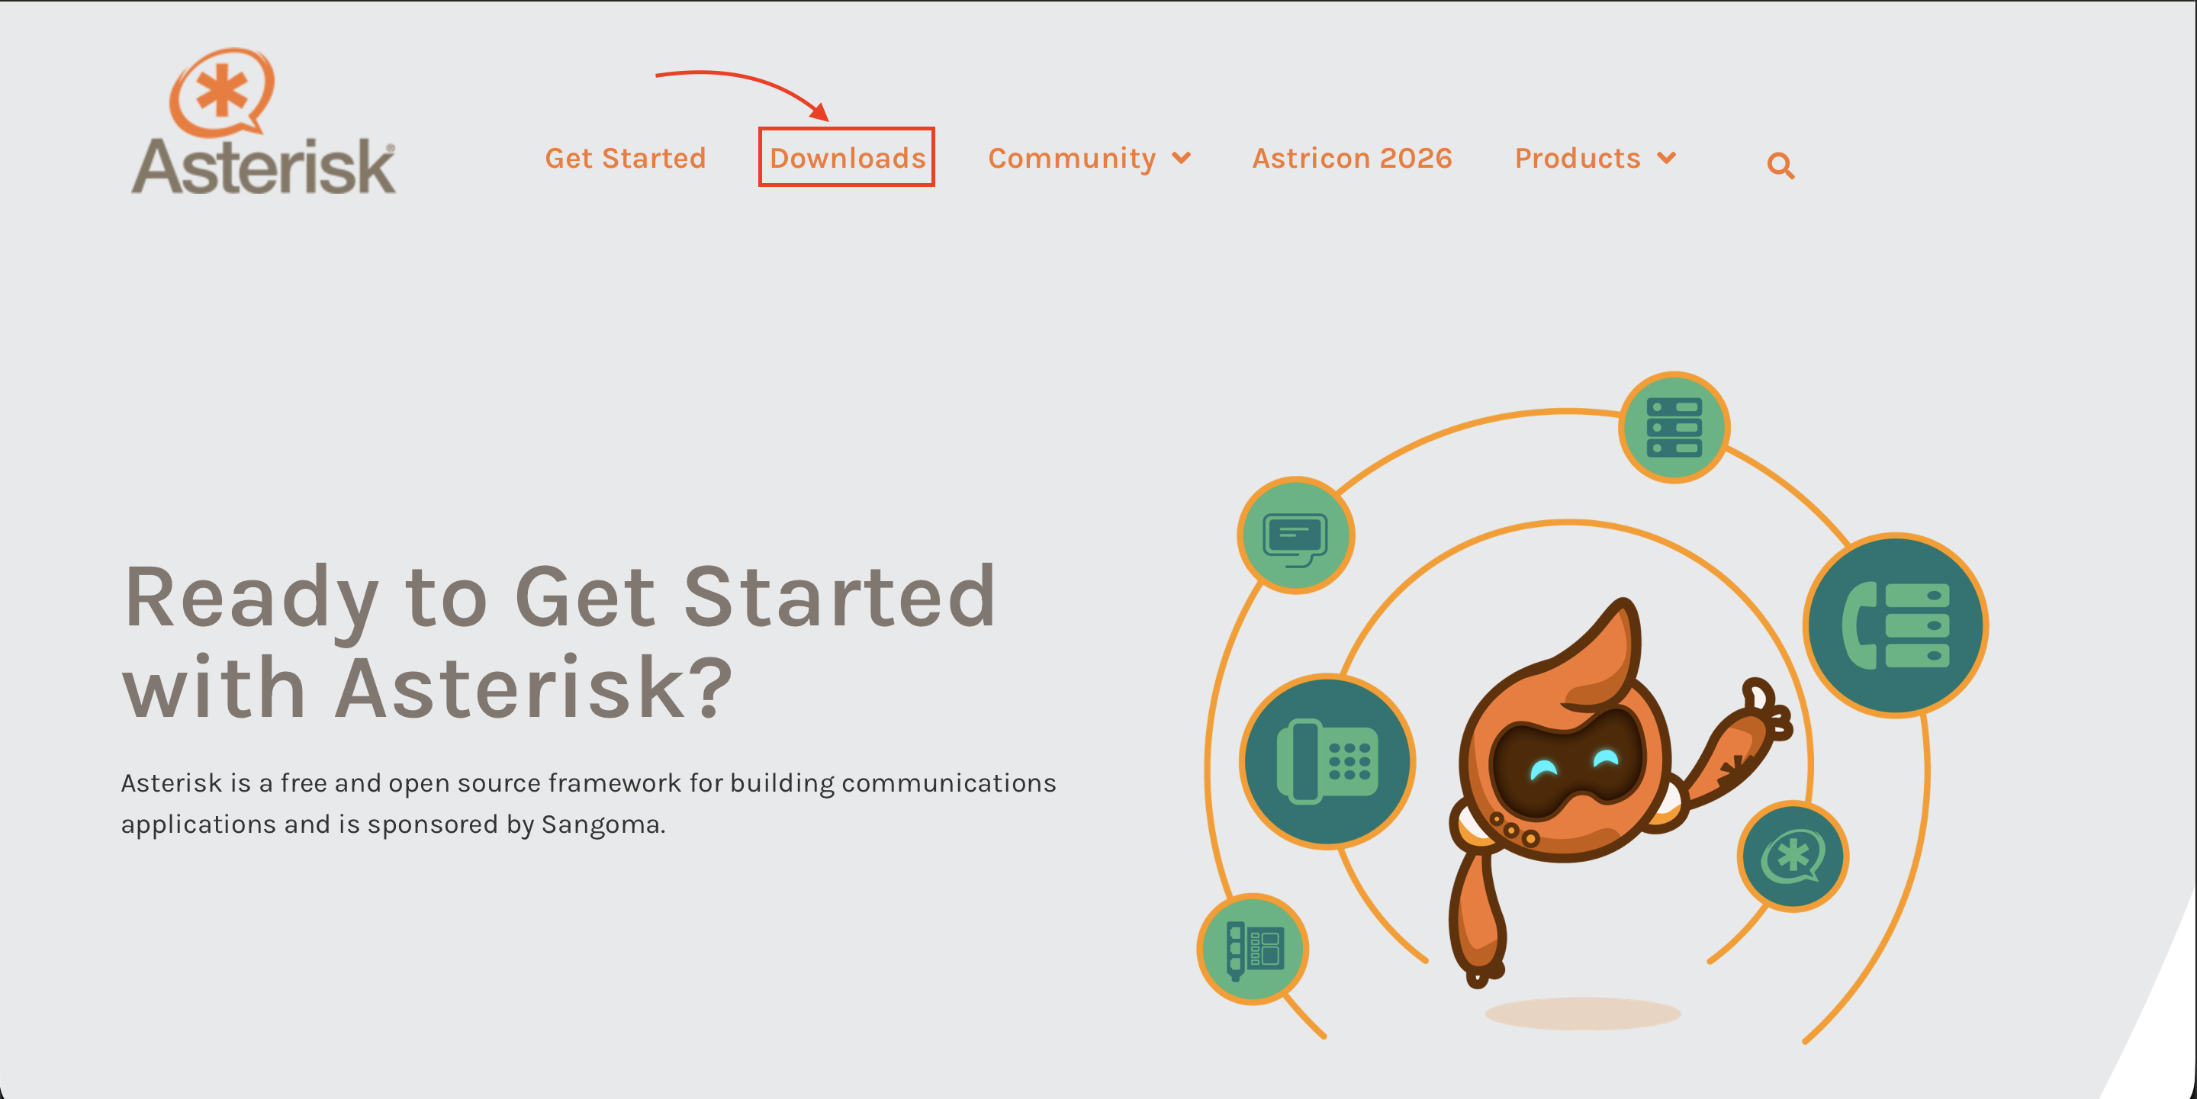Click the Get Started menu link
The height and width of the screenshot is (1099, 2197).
[626, 158]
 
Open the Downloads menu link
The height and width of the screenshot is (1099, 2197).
[847, 158]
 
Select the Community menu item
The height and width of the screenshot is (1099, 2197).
[1071, 159]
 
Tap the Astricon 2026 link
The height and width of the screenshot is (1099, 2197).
[1352, 158]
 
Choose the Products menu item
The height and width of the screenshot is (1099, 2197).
[1577, 158]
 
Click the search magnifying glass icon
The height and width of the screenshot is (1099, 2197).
[1780, 165]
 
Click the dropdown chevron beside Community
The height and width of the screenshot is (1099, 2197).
[1181, 158]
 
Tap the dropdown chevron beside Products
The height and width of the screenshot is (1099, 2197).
[1667, 158]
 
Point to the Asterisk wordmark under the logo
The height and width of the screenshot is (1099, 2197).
[263, 166]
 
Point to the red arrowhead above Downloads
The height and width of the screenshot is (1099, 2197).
[821, 111]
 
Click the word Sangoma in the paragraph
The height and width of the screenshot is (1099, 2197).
[603, 824]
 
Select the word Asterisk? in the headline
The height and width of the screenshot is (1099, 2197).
[533, 687]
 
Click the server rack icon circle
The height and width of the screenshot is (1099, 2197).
[1674, 427]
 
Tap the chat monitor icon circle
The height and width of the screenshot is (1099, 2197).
[1295, 535]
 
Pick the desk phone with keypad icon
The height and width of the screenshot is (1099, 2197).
[1327, 761]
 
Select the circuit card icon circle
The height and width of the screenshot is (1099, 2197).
[1253, 949]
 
